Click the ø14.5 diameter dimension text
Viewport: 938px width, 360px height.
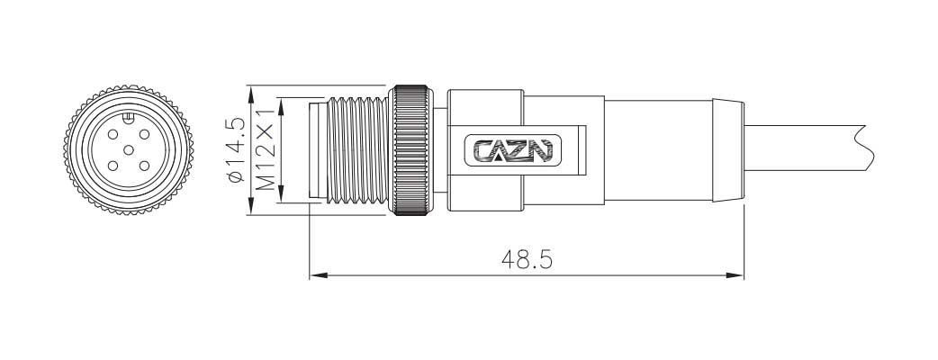click(x=236, y=150)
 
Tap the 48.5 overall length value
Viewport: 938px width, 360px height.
click(x=527, y=260)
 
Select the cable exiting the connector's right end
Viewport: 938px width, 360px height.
click(x=810, y=150)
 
